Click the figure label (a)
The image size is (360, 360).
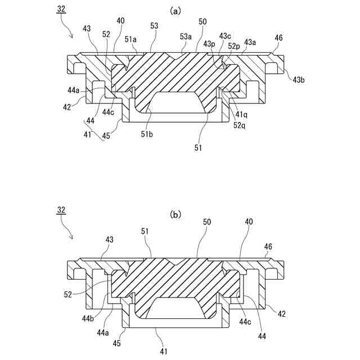pyautogui.click(x=176, y=10)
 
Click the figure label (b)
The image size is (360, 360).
pyautogui.click(x=176, y=214)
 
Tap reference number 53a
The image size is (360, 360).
pyautogui.click(x=187, y=36)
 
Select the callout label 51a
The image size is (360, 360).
pyautogui.click(x=130, y=39)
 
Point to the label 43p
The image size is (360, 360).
pyautogui.click(x=209, y=44)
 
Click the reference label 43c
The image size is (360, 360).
pyautogui.click(x=225, y=36)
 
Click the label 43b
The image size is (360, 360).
pyautogui.click(x=299, y=80)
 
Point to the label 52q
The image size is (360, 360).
pyautogui.click(x=239, y=125)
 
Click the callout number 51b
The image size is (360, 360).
pyautogui.click(x=147, y=133)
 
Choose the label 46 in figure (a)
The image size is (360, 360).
pyautogui.click(x=278, y=38)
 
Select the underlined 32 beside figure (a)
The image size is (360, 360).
pyautogui.click(x=61, y=10)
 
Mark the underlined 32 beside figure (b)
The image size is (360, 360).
pyautogui.click(x=61, y=210)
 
